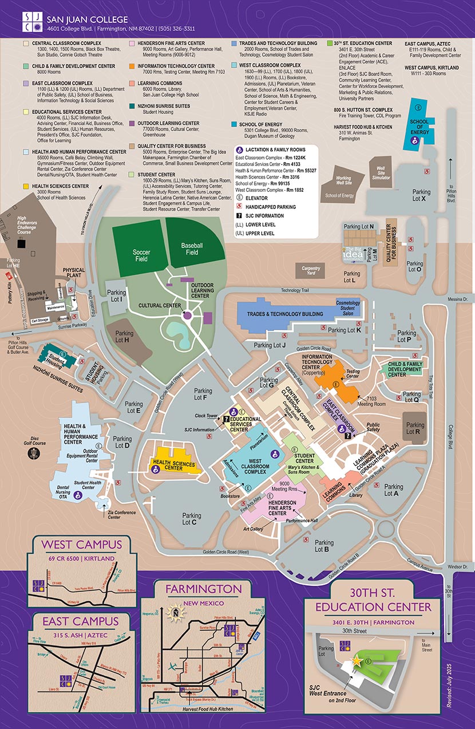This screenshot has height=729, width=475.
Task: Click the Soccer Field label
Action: tap(141, 255)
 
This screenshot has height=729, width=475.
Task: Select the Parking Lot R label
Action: tap(415, 428)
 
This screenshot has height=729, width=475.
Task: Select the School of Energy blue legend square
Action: tap(234, 123)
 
